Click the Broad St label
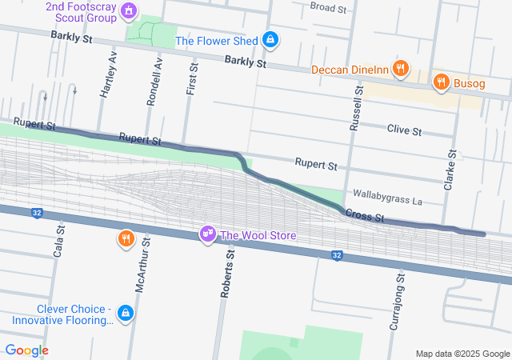327,8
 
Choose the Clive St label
404,129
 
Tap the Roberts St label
226,274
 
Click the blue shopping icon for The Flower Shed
271,39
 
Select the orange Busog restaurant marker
440,81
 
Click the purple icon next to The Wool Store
208,234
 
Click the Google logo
26,350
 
